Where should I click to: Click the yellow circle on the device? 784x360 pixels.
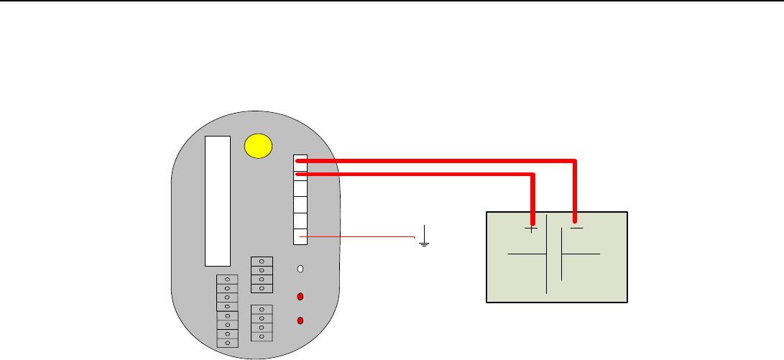click(x=259, y=146)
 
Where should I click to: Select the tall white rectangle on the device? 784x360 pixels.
click(x=218, y=200)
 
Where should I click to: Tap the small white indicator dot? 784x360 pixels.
click(x=300, y=269)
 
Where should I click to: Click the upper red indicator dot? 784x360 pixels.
click(x=300, y=296)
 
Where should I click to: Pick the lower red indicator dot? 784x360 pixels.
click(x=300, y=320)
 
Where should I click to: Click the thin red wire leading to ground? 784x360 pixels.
click(x=359, y=236)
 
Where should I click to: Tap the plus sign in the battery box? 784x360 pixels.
click(x=531, y=229)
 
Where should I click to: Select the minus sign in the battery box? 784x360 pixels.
click(x=576, y=229)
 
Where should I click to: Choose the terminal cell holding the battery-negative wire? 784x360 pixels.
click(x=300, y=162)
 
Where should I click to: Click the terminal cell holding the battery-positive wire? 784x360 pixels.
click(x=300, y=174)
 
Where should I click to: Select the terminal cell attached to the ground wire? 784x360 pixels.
click(x=300, y=236)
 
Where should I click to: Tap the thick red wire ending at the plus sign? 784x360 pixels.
click(x=431, y=174)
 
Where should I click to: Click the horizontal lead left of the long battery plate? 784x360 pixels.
click(x=527, y=254)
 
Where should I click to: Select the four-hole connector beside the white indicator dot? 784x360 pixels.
click(x=262, y=274)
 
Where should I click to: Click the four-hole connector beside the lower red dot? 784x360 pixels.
click(x=262, y=323)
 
